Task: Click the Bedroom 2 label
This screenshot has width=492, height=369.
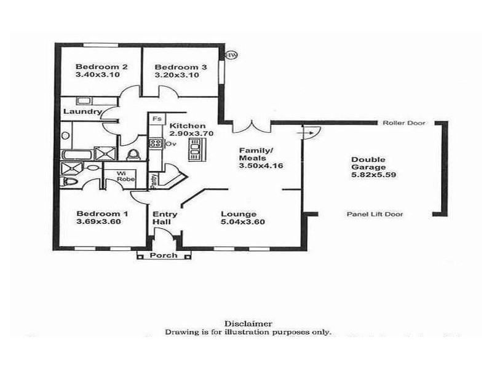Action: pos(101,66)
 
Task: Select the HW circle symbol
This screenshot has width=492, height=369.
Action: pos(232,55)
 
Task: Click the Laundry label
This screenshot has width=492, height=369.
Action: pos(82,112)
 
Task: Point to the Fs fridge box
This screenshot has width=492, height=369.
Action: pos(157,118)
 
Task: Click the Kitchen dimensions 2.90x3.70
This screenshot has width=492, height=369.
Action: pos(192,133)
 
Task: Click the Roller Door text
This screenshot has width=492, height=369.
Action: pos(404,122)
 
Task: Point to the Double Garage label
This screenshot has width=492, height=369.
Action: pos(368,162)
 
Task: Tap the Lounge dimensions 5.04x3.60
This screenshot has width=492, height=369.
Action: pos(243,222)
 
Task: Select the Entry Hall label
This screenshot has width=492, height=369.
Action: pos(165,218)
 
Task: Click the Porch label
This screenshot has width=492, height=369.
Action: pos(164,255)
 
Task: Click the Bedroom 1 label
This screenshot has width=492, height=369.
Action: pos(102,214)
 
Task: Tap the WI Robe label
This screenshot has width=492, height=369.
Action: pos(125,177)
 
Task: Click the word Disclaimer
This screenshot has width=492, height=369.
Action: pos(248,323)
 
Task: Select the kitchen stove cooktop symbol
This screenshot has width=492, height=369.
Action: pos(154,144)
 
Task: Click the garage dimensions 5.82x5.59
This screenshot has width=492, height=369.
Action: pos(368,175)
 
